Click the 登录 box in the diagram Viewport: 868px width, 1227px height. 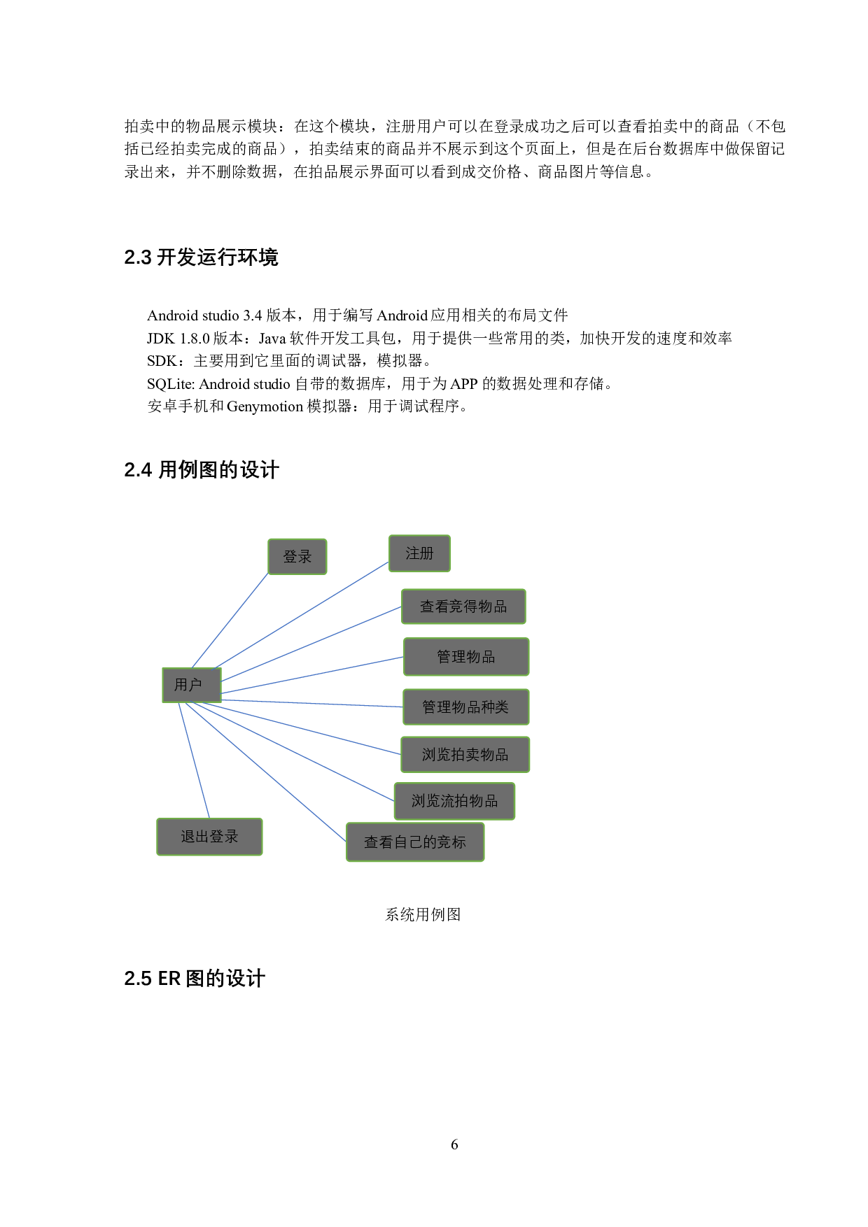click(x=297, y=557)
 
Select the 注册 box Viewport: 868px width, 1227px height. click(x=419, y=553)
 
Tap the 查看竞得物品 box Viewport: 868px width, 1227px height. click(x=463, y=607)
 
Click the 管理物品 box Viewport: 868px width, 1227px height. click(x=466, y=657)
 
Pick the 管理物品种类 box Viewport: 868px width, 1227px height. click(x=465, y=707)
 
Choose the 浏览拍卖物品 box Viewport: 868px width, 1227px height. click(x=465, y=755)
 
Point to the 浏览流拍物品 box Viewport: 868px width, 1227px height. click(x=454, y=801)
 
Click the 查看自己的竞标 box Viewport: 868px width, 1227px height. click(x=415, y=842)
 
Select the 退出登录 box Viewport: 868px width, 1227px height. click(x=209, y=837)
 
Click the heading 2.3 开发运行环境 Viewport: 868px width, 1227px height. click(x=201, y=257)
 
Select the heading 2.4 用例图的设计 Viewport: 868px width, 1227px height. click(x=201, y=470)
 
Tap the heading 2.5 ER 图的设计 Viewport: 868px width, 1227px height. click(x=194, y=979)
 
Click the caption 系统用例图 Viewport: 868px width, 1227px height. click(x=423, y=914)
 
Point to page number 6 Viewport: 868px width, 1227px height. click(x=454, y=1144)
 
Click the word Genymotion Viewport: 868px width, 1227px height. click(x=265, y=406)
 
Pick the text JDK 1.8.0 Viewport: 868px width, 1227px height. click(x=178, y=339)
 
